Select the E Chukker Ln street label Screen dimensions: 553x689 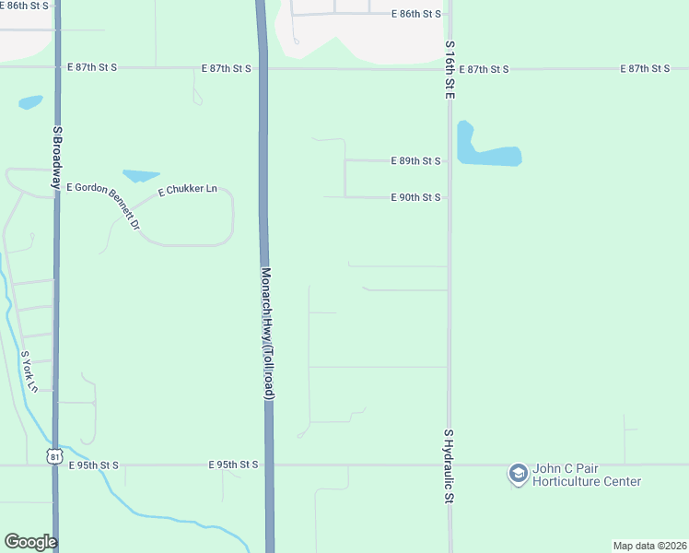tap(187, 190)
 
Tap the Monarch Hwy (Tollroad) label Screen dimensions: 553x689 tap(267, 334)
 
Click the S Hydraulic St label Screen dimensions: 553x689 tap(450, 465)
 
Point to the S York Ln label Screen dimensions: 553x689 tap(29, 371)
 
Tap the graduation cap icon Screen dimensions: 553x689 tap(518, 474)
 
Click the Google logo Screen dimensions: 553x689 tap(30, 542)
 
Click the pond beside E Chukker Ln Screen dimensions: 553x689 tap(141, 175)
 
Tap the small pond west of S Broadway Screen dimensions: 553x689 tap(30, 102)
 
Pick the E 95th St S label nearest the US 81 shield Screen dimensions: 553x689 tap(94, 465)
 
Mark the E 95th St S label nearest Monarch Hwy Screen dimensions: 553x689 tap(234, 465)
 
